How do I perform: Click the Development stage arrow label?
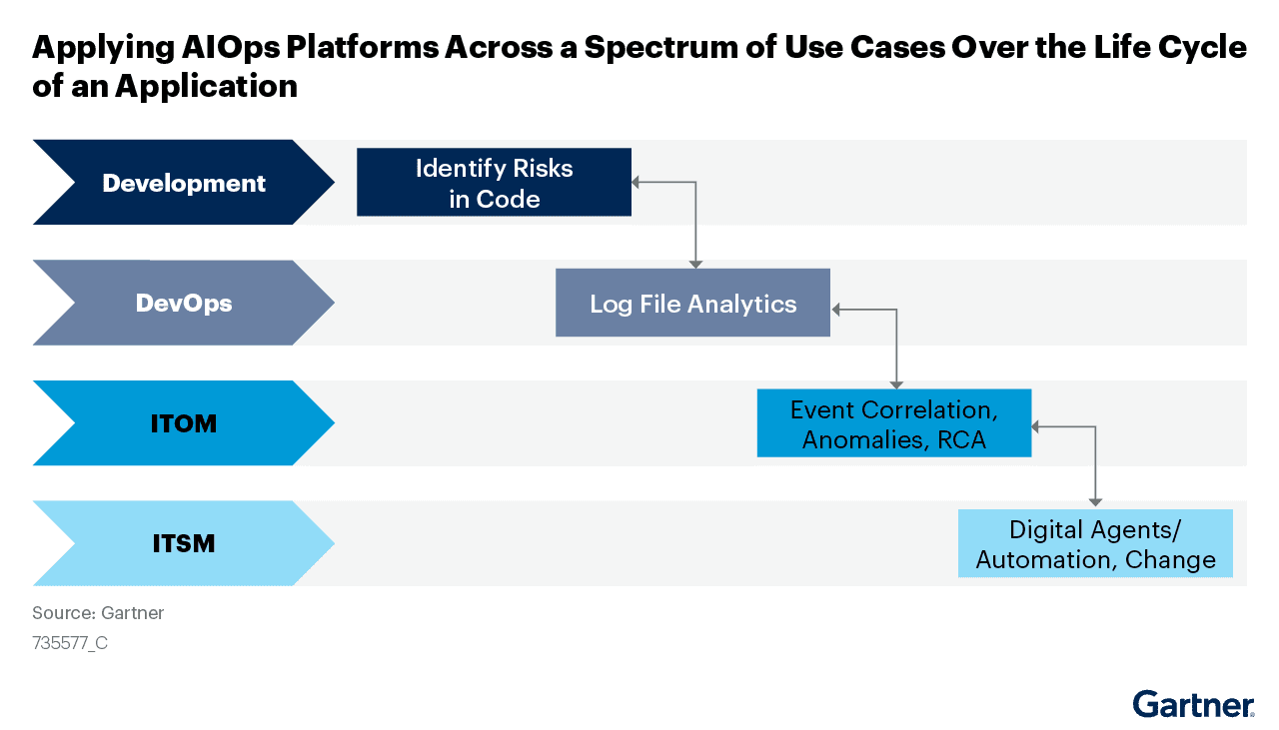(184, 183)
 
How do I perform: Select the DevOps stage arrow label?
(184, 303)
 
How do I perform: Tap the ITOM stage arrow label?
(184, 423)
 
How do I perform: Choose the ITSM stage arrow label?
(184, 543)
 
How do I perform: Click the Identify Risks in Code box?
(494, 182)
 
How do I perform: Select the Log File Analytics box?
(692, 303)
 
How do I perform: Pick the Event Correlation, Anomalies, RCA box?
(893, 423)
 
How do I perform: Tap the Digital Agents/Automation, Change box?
(1095, 543)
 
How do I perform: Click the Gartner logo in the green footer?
(1193, 704)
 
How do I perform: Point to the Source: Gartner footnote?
(98, 613)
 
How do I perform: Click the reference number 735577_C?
(70, 643)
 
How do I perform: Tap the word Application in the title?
(206, 86)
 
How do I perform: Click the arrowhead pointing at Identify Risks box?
(637, 182)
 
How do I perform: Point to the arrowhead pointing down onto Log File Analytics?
(695, 264)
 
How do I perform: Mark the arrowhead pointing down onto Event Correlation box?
(896, 383)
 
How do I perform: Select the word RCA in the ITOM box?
(961, 439)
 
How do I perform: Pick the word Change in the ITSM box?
(1170, 559)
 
